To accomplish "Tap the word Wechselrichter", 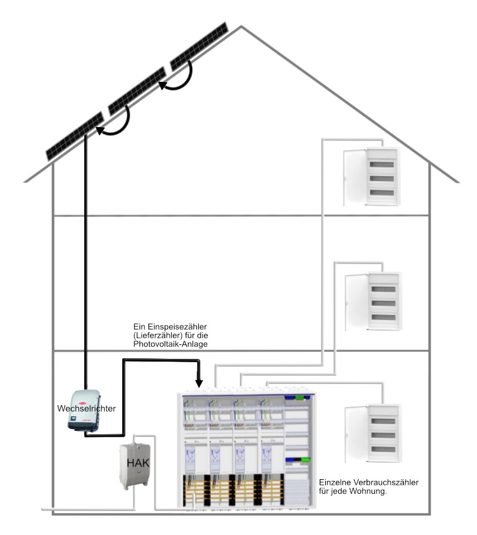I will pos(86,408).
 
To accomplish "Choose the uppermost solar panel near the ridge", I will pos(199,46).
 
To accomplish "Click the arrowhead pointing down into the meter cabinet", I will pos(199,383).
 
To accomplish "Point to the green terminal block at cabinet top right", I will pos(301,397).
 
